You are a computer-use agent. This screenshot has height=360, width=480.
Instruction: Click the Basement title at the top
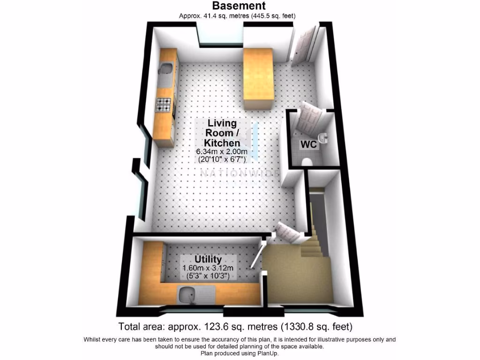pyautogui.click(x=239, y=6)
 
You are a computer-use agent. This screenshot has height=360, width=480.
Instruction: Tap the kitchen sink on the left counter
pyautogui.click(x=165, y=71)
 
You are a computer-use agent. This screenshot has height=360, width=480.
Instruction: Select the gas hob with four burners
pyautogui.click(x=164, y=104)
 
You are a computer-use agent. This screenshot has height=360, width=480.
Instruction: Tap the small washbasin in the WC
pyautogui.click(x=323, y=137)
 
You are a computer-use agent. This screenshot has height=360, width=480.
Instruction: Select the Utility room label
pyautogui.click(x=208, y=259)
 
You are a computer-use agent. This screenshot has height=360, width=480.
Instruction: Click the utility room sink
pyautogui.click(x=190, y=295)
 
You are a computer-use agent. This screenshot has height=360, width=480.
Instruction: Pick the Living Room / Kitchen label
pyautogui.click(x=222, y=133)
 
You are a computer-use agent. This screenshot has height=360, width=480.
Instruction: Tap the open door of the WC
pyautogui.click(x=309, y=115)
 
